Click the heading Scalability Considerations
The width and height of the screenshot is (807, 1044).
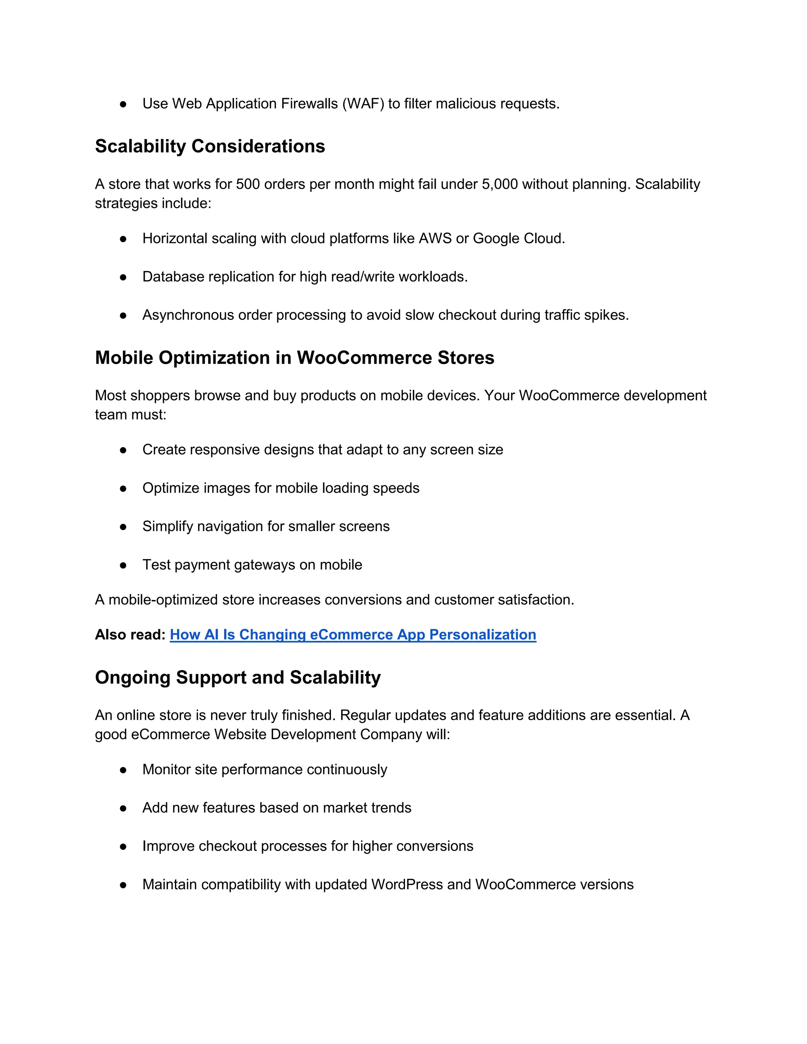click(210, 146)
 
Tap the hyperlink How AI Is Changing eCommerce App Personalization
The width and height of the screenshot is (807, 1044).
click(353, 634)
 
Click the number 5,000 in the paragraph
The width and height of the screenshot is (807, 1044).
click(500, 184)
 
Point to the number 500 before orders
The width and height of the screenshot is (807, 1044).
click(247, 184)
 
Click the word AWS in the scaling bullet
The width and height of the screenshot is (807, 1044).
click(435, 238)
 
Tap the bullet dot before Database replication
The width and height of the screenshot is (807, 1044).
click(123, 277)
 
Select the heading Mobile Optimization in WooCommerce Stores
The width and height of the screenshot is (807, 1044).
click(294, 358)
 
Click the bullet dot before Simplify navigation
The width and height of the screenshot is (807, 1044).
click(123, 527)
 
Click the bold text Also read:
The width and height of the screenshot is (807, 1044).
click(130, 634)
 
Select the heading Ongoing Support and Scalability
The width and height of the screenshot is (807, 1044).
click(238, 677)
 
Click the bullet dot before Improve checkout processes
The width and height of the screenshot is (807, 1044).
click(123, 847)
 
